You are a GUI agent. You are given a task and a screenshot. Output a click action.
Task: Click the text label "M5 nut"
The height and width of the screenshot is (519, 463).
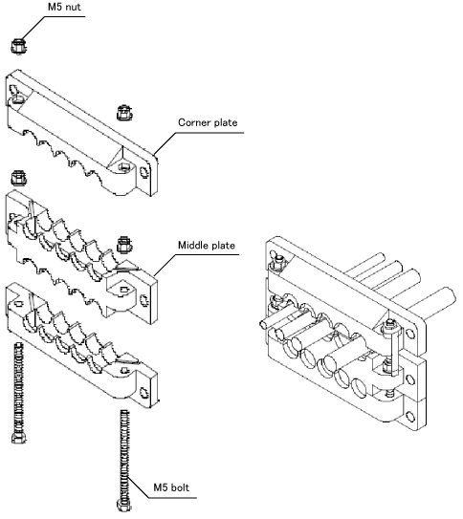(64, 7)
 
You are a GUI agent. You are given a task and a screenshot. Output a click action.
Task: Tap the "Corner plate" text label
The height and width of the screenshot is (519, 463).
(208, 122)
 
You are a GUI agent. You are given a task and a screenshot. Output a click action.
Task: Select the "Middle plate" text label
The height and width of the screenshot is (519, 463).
(207, 246)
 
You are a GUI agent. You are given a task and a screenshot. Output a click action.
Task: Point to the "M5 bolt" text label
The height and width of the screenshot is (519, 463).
(171, 487)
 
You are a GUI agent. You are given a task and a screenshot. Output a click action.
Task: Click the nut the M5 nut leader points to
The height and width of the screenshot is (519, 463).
(18, 46)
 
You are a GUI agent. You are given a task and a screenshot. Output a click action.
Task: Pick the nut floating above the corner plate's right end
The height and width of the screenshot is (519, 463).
(124, 113)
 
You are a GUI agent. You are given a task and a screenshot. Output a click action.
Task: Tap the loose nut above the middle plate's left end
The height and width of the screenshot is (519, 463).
(18, 178)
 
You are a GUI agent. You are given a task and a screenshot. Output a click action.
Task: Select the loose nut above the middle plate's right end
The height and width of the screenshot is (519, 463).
(124, 246)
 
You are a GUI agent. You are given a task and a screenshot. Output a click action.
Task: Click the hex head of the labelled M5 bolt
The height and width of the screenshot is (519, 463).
(124, 505)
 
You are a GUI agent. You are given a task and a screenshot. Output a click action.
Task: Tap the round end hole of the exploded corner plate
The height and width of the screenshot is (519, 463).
(144, 172)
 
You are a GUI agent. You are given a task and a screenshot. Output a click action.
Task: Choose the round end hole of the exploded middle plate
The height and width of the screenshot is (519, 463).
(144, 300)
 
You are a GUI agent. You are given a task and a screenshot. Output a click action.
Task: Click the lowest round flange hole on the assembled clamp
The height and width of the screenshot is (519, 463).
(410, 416)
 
